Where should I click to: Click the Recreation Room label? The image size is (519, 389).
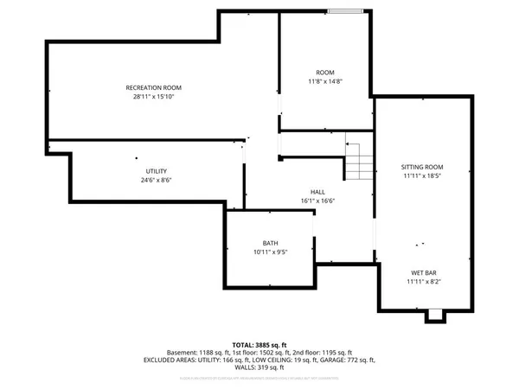[154, 88]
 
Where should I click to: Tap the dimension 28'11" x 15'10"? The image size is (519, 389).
[154, 98]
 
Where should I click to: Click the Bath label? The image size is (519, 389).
[270, 243]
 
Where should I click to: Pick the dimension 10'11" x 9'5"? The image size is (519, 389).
[270, 252]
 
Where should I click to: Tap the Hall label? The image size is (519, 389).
[318, 192]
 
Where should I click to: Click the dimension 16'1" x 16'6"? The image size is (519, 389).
[318, 201]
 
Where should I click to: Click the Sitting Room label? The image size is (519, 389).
[422, 167]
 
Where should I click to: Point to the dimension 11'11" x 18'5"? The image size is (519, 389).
[422, 176]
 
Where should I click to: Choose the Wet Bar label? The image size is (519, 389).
[423, 272]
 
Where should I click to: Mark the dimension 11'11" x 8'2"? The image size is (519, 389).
[423, 282]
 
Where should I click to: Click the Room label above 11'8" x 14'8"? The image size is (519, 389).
[325, 73]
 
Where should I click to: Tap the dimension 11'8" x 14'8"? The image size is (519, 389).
[325, 82]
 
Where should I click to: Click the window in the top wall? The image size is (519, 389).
[346, 11]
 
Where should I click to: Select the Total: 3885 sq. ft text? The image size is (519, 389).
[259, 344]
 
